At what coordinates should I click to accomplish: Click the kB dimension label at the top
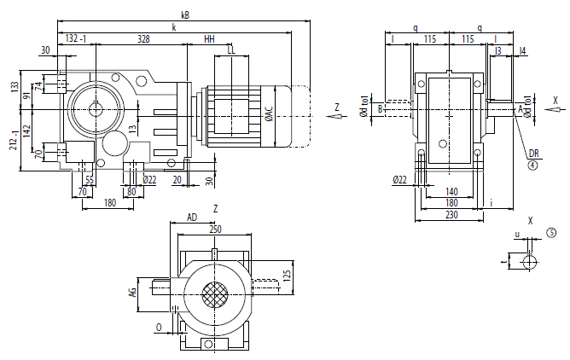(185, 13)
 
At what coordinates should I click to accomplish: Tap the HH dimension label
(209, 39)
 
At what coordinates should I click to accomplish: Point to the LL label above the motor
(231, 50)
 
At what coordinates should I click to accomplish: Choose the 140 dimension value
(451, 191)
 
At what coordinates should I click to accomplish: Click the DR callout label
(533, 154)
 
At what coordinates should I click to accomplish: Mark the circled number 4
(532, 165)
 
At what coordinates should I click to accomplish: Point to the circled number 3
(551, 232)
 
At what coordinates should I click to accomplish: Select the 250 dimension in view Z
(214, 229)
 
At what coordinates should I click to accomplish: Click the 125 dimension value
(288, 275)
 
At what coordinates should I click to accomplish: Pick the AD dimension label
(192, 218)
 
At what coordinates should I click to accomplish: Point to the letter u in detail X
(516, 233)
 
